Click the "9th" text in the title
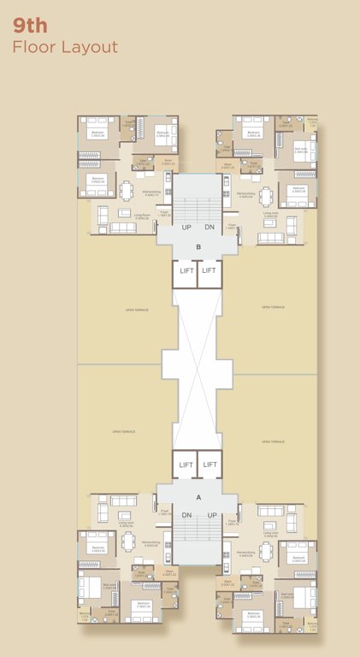pos(30,25)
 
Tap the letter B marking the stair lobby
pos(198,247)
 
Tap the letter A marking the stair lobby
pos(198,496)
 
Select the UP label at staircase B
pos(186,227)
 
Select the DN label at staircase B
pos(210,227)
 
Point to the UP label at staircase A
pos(210,515)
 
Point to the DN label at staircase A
pos(186,515)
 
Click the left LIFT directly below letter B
pos(186,271)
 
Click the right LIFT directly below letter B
pos(210,271)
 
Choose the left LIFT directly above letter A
pos(186,465)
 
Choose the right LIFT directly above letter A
pos(210,465)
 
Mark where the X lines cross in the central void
pos(198,368)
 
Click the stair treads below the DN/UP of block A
pos(198,539)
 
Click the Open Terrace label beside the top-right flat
pos(273,306)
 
